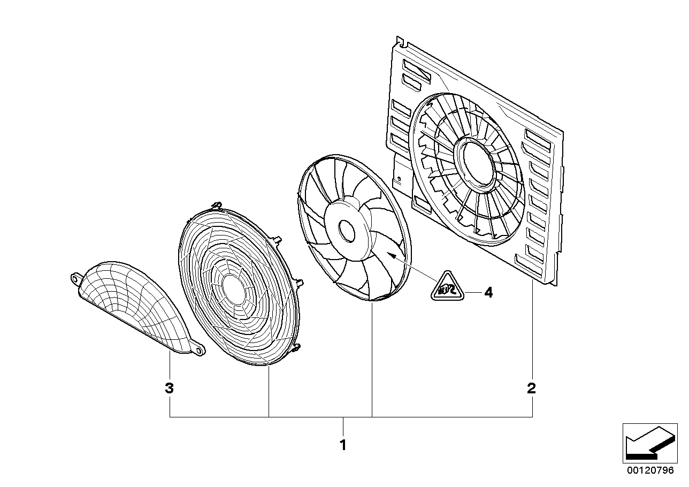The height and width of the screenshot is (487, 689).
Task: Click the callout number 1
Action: point(343,445)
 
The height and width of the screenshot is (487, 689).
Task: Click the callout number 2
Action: point(531,389)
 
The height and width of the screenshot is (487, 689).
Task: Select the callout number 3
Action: point(169,389)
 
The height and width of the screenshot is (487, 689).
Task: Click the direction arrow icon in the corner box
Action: point(648,444)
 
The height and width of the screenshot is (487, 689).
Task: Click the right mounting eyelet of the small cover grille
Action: point(200,351)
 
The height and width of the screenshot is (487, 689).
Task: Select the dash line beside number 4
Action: point(471,292)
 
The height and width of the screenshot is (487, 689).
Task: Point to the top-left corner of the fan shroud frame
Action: point(397,40)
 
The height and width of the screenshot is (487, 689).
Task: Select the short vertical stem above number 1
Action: point(343,426)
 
